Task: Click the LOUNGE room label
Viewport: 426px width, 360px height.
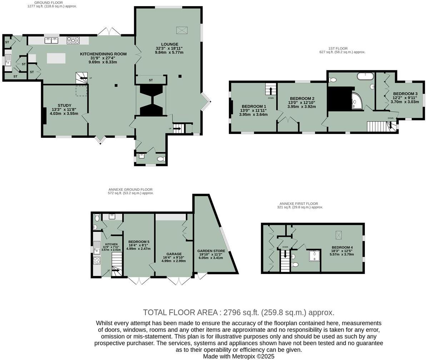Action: coord(169,44)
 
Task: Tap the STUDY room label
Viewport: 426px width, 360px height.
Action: coord(64,105)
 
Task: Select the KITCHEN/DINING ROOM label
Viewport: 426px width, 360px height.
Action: coord(103,54)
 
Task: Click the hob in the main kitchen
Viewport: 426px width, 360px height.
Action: coord(73,40)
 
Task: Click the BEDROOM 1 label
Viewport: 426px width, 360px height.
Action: coord(254,106)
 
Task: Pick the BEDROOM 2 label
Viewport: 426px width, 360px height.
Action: coord(302,99)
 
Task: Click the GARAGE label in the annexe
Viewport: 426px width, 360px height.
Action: coord(174,254)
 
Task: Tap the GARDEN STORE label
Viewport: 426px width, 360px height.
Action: coord(211,251)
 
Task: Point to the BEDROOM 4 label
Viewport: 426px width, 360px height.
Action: coord(342,247)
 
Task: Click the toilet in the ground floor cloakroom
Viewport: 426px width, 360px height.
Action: coord(161,159)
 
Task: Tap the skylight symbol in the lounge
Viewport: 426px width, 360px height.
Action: coord(182,30)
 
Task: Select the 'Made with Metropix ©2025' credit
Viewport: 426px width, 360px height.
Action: coord(239,356)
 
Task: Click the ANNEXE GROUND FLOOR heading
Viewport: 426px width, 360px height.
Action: coord(130,190)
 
